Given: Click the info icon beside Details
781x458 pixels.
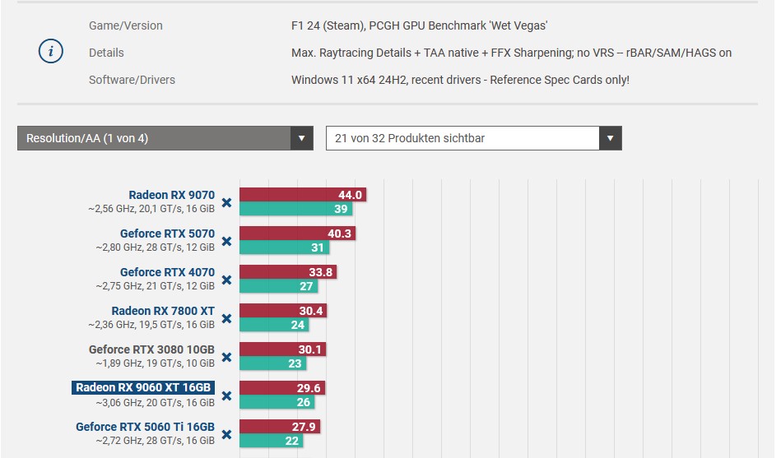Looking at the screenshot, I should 51,52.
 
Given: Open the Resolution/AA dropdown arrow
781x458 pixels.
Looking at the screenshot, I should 302,138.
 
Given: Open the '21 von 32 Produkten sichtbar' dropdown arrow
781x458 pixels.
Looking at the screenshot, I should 610,138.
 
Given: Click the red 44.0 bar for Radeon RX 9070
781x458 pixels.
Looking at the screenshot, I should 302,195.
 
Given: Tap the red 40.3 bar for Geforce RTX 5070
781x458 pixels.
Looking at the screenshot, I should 297,234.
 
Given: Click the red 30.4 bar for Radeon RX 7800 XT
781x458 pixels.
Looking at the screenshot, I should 283,311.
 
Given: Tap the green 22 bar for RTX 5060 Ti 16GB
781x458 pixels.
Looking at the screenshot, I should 272,441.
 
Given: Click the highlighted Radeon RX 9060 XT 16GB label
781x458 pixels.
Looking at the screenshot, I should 143,388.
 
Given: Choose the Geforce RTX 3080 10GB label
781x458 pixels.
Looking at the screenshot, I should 151,349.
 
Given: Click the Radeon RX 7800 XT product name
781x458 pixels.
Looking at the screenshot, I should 163,311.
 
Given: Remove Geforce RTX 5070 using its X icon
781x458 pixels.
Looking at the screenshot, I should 226,241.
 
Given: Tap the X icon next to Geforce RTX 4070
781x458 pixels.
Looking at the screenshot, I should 226,280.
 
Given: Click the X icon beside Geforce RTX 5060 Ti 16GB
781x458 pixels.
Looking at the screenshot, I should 226,434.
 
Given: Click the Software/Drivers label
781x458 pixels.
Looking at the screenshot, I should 132,80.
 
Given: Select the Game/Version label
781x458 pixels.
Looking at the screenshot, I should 126,25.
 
